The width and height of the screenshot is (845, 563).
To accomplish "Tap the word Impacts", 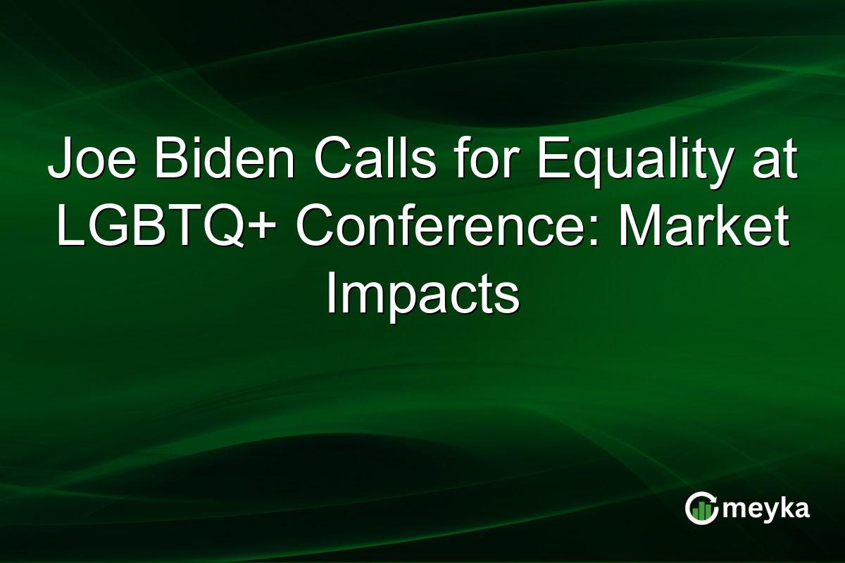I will tap(423, 293).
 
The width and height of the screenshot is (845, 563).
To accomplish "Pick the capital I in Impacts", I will tap(330, 293).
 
